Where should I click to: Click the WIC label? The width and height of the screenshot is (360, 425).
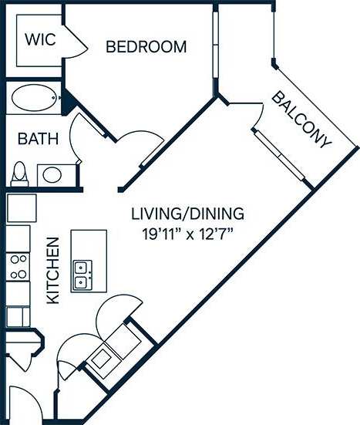[39, 40]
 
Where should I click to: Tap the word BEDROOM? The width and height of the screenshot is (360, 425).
[146, 47]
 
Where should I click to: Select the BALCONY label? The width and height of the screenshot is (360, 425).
[301, 120]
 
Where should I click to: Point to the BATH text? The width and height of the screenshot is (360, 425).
[38, 140]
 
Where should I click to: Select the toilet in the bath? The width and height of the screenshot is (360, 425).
[21, 174]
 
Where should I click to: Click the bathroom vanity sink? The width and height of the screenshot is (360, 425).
[52, 174]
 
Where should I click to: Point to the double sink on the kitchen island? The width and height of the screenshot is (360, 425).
[82, 274]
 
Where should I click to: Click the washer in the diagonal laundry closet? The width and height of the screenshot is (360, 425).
[103, 357]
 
